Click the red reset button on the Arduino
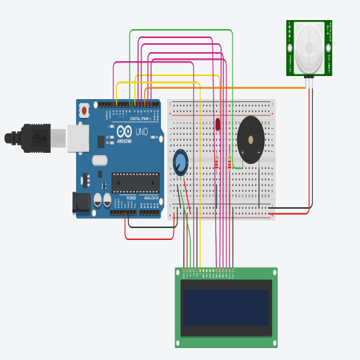(x=84, y=110)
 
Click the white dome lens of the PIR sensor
(x=309, y=48)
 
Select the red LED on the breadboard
(x=218, y=124)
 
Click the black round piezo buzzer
(x=250, y=139)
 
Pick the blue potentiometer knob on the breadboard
(x=180, y=162)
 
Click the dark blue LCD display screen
(x=226, y=308)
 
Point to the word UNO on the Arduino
(x=142, y=133)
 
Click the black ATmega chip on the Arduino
(x=136, y=183)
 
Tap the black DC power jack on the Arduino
(x=83, y=201)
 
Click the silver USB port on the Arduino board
(x=78, y=138)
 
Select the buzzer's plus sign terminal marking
(x=242, y=153)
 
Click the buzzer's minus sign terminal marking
(x=259, y=153)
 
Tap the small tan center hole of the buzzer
(x=251, y=138)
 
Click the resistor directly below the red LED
(x=218, y=162)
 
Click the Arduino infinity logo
(x=124, y=133)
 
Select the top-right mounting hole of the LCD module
(x=274, y=273)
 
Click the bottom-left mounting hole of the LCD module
(x=179, y=343)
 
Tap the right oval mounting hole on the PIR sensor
(x=327, y=48)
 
